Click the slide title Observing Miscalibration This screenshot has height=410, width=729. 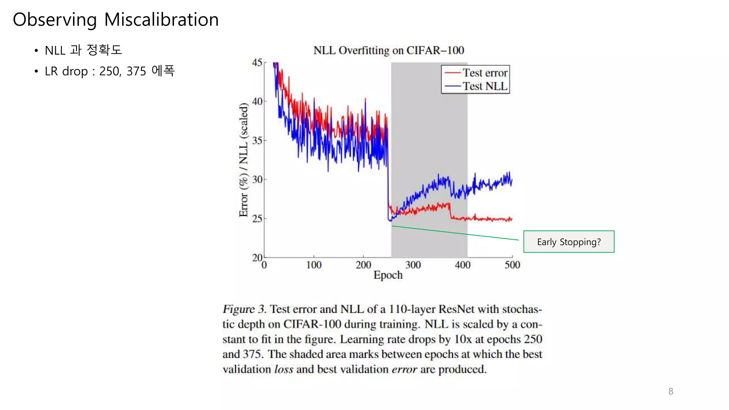[116, 20]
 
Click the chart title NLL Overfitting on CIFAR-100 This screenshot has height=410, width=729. [388, 51]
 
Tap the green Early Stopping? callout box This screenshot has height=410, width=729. [568, 242]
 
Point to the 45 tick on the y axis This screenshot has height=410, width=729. [257, 63]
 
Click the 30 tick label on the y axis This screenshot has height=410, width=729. [257, 179]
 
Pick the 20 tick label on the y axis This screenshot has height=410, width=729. [257, 257]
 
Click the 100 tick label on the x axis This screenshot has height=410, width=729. [314, 265]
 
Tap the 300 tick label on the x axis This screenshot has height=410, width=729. [413, 265]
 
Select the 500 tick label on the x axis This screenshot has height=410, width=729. [512, 265]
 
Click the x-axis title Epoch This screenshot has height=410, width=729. [388, 275]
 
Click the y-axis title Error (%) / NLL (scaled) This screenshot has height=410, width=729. [243, 160]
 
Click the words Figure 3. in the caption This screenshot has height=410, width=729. [244, 309]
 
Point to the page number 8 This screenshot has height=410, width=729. [671, 391]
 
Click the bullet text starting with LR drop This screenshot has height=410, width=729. [110, 71]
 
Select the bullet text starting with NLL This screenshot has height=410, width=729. [83, 50]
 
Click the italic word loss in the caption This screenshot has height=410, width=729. [284, 369]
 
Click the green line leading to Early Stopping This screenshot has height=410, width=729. [456, 233]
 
